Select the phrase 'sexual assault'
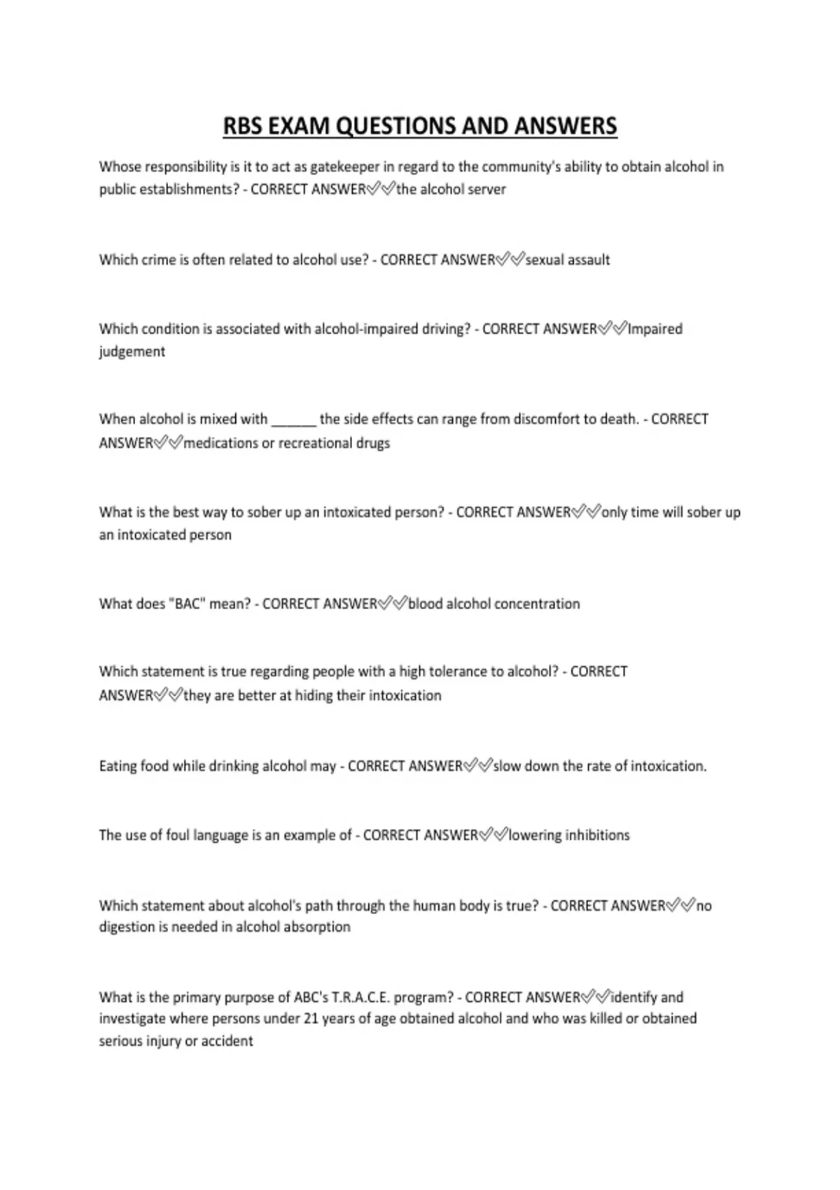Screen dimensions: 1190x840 [x=568, y=260]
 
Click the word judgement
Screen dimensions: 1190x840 [x=132, y=351]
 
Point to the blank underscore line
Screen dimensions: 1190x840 [x=294, y=421]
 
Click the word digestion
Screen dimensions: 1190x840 [x=126, y=927]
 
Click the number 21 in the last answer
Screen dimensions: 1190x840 [x=311, y=1019]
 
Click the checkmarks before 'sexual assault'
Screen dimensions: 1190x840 [x=510, y=260]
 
